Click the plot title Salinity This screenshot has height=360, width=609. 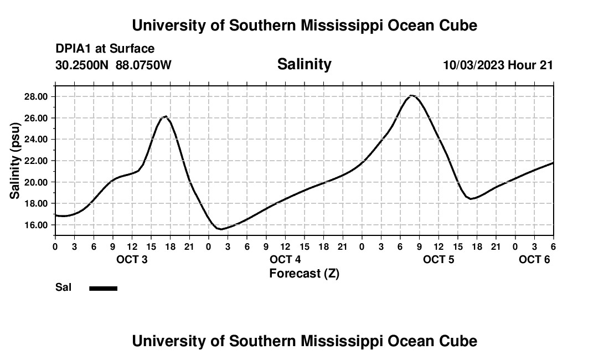(x=304, y=64)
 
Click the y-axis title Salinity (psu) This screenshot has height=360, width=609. (x=15, y=161)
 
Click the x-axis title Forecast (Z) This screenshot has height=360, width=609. (x=304, y=274)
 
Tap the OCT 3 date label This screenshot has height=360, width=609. (x=132, y=260)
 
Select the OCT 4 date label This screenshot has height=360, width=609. (x=285, y=260)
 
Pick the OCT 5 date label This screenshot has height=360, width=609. (x=438, y=260)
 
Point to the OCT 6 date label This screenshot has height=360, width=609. (x=534, y=260)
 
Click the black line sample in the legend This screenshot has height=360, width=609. (x=104, y=288)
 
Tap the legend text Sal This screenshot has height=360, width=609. (x=63, y=287)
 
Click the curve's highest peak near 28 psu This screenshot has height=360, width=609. (x=411, y=95)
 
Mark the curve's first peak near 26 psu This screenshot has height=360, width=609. (x=165, y=116)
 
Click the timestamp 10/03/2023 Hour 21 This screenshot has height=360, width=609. (x=498, y=65)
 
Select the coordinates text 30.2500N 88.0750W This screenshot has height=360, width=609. (x=113, y=65)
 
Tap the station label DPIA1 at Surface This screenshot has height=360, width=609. (x=105, y=49)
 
